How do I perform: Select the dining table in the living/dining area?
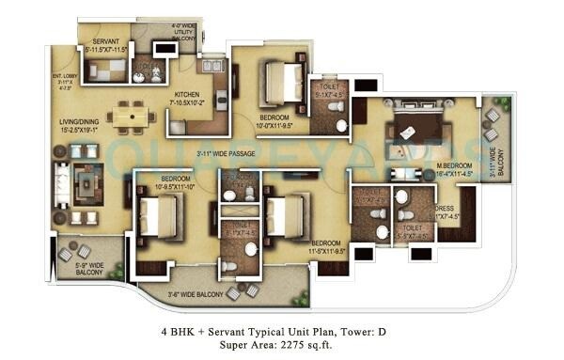132,116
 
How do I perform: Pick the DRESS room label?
445,208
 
